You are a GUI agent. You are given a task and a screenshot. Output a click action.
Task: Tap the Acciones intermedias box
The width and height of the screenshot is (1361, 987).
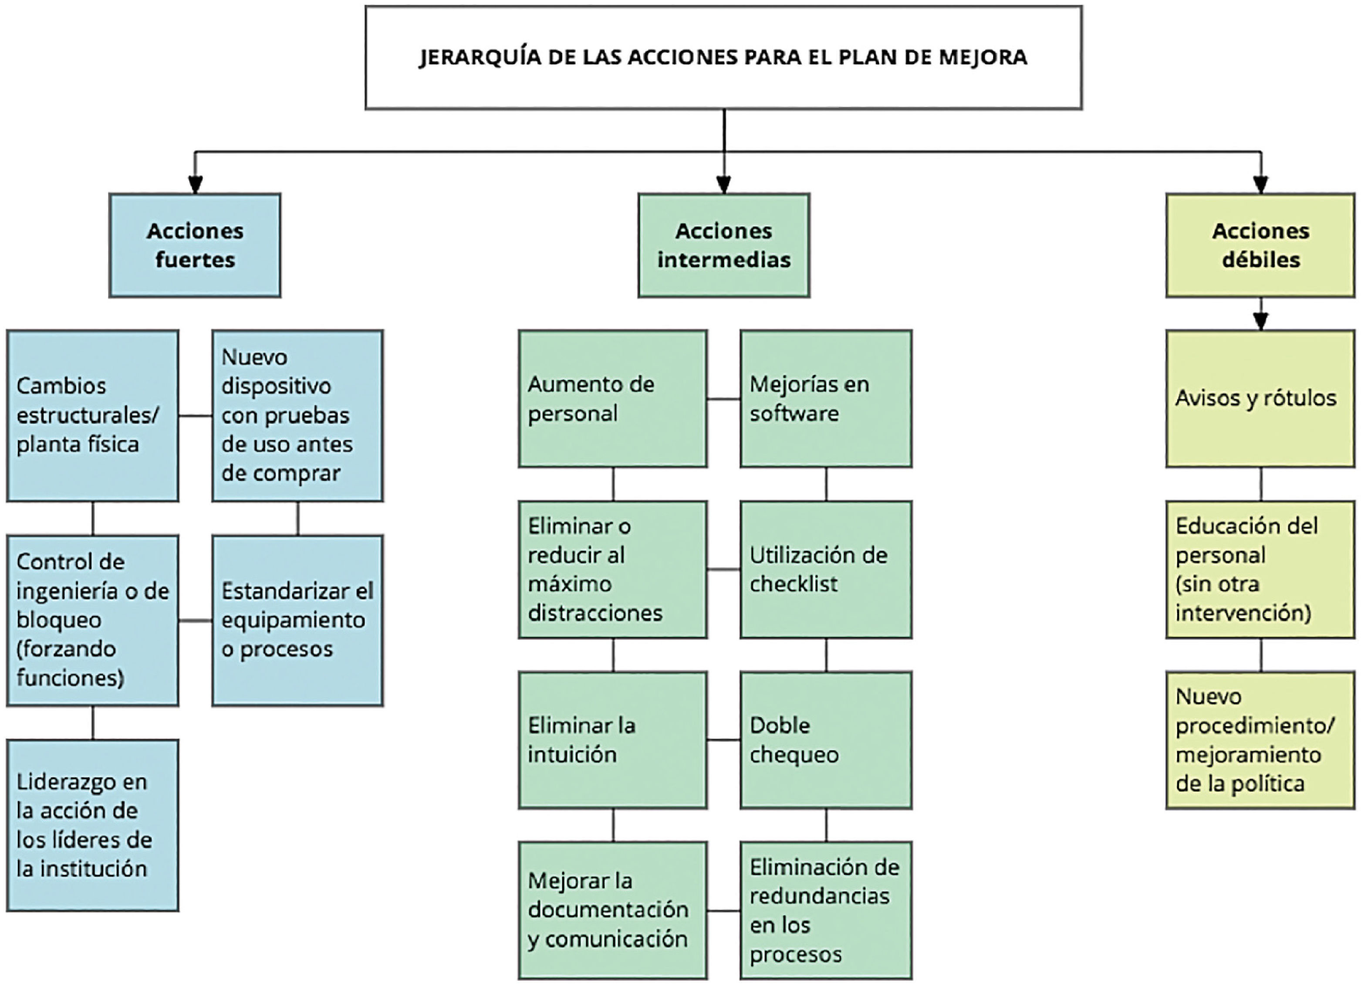(724, 245)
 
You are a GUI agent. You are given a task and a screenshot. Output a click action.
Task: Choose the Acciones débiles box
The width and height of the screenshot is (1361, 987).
(1260, 245)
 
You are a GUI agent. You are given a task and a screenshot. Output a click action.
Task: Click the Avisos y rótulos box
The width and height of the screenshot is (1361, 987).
(1260, 398)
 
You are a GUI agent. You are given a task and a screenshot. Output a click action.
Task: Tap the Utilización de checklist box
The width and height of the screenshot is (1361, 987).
(826, 569)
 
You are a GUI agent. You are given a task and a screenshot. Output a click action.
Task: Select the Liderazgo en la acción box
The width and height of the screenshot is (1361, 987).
(92, 825)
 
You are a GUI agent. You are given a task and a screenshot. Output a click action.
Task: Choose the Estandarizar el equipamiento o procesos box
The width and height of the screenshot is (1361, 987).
(297, 620)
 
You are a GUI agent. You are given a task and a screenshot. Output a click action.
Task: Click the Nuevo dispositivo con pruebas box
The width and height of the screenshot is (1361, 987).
(297, 415)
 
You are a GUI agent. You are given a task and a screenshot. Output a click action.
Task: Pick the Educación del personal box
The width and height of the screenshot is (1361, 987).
(1260, 569)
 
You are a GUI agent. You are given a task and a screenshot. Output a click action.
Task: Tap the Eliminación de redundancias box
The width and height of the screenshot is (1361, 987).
(826, 910)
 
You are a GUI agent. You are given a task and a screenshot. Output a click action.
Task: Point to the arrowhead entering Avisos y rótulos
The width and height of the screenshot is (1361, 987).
(1260, 321)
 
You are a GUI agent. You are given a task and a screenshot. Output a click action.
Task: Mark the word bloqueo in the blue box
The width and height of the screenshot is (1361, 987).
(59, 620)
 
